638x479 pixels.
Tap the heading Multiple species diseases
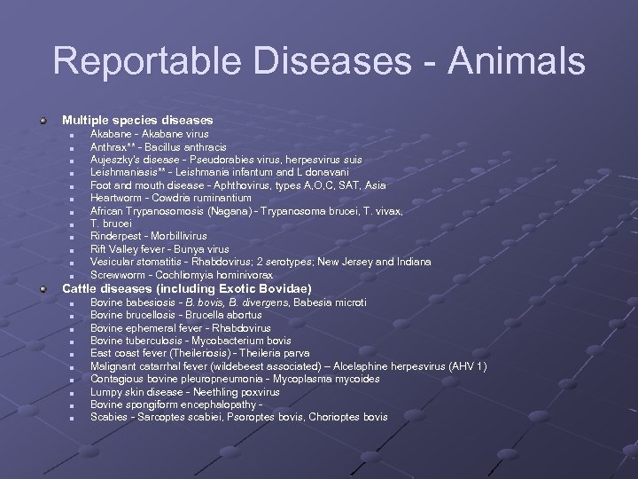click(137, 119)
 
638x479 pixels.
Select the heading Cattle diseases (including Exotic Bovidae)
click(186, 289)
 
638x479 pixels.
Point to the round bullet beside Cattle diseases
click(43, 289)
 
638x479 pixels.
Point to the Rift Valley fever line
click(159, 249)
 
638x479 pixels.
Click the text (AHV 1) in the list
click(466, 366)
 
